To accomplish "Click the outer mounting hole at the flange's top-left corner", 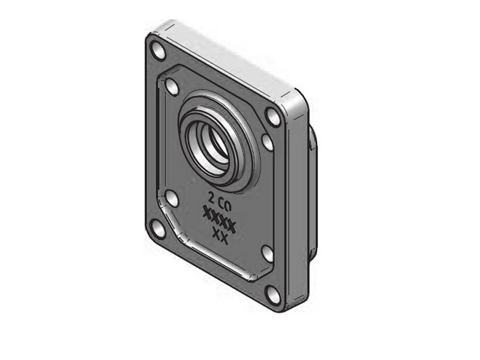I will [158, 51].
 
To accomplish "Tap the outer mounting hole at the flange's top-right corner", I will [272, 116].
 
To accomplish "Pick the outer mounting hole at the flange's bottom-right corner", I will [273, 295].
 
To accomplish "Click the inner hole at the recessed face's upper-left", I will [172, 87].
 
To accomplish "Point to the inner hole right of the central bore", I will [267, 142].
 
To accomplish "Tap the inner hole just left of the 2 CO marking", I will [172, 198].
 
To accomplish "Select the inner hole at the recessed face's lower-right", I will [267, 254].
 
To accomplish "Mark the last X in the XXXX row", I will [231, 227].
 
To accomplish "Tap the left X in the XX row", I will [216, 232].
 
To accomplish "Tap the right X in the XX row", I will [224, 239].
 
